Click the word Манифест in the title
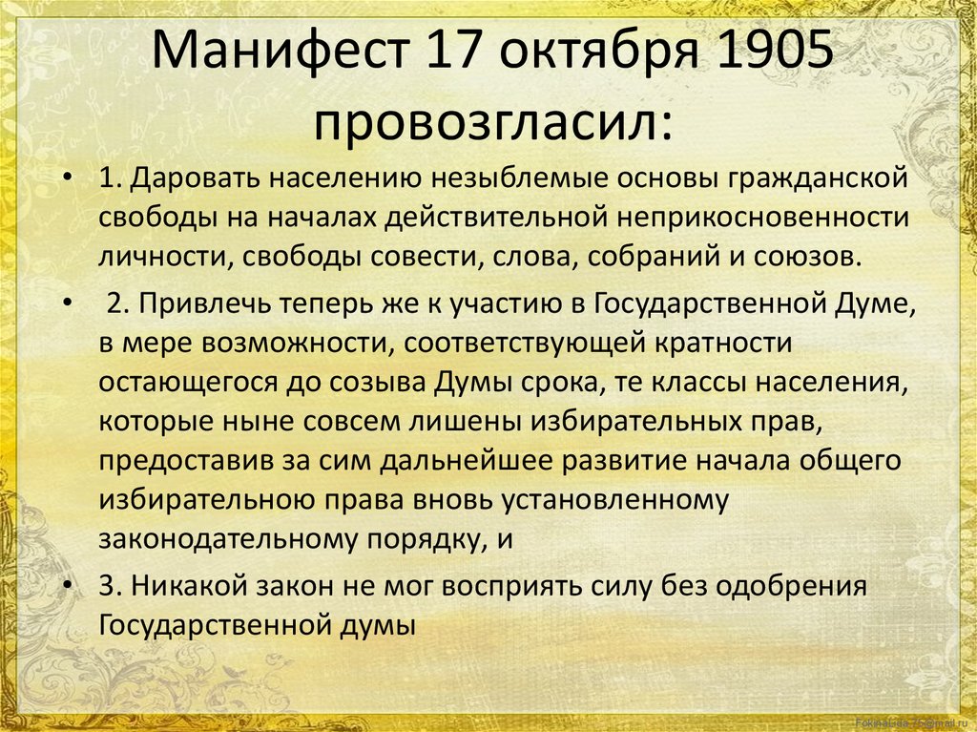(281, 50)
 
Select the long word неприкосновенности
(762, 218)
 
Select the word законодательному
(228, 539)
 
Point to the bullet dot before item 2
(68, 303)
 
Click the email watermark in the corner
(913, 723)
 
